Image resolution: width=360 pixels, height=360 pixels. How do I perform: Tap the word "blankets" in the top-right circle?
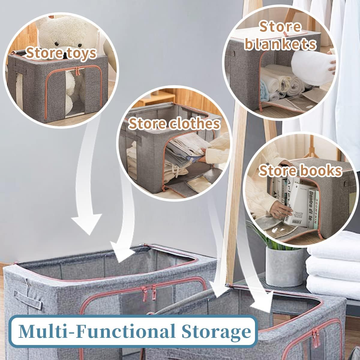pyautogui.click(x=280, y=44)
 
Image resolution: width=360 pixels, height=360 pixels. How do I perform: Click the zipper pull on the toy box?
pyautogui.click(x=78, y=72)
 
